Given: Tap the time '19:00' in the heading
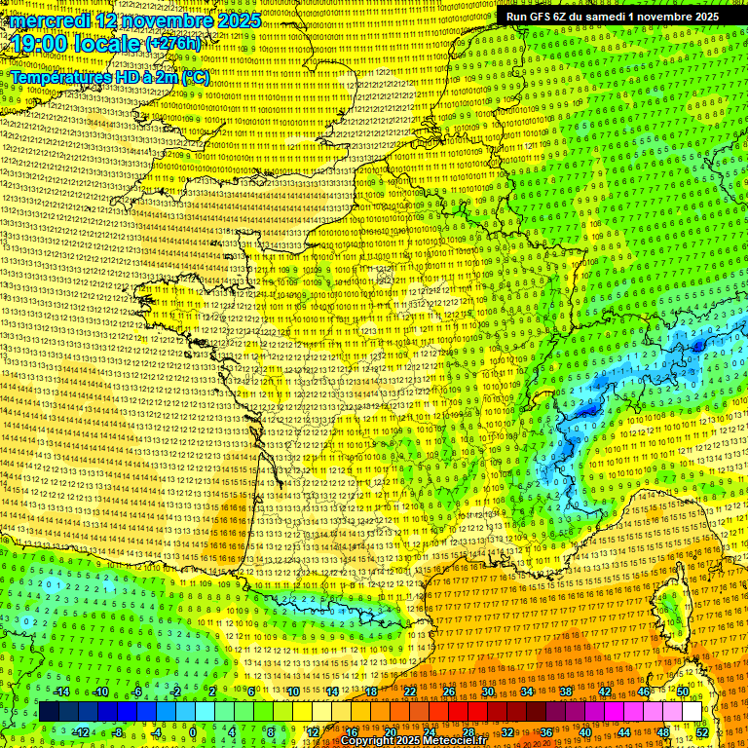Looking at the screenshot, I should (41, 43).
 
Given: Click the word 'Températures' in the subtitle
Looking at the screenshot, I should (58, 76).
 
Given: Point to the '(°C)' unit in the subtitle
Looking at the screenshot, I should (195, 76).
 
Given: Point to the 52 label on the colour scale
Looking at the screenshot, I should (702, 731).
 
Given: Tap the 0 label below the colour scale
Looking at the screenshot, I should (193, 731).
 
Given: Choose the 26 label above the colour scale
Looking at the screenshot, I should (449, 692).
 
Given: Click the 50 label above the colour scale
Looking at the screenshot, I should (683, 692).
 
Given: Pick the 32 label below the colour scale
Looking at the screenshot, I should (507, 731).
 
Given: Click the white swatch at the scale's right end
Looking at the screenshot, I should (692, 712).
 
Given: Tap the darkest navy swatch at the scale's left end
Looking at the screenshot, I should (49, 712).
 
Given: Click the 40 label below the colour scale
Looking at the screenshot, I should (585, 731).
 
